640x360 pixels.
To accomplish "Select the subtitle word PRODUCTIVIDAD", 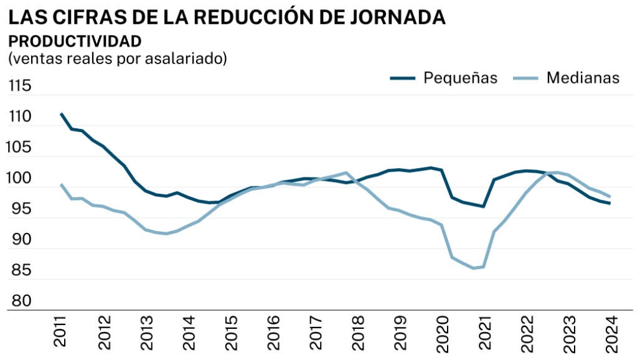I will pos(75,42).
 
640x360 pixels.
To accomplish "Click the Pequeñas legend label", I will pos(460,78).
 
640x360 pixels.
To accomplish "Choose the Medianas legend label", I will pos(583,78).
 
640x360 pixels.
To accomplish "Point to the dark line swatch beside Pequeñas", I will pos(403,78).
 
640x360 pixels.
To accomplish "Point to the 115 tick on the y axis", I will pos(19,87).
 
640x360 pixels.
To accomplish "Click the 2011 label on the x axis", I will pos(61,332).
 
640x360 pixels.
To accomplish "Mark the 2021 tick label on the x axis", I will pos(484,332).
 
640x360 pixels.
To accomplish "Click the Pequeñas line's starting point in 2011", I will pos(61,114).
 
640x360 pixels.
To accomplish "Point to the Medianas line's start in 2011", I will pos(61,184).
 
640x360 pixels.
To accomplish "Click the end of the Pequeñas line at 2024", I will pos(609,203).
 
